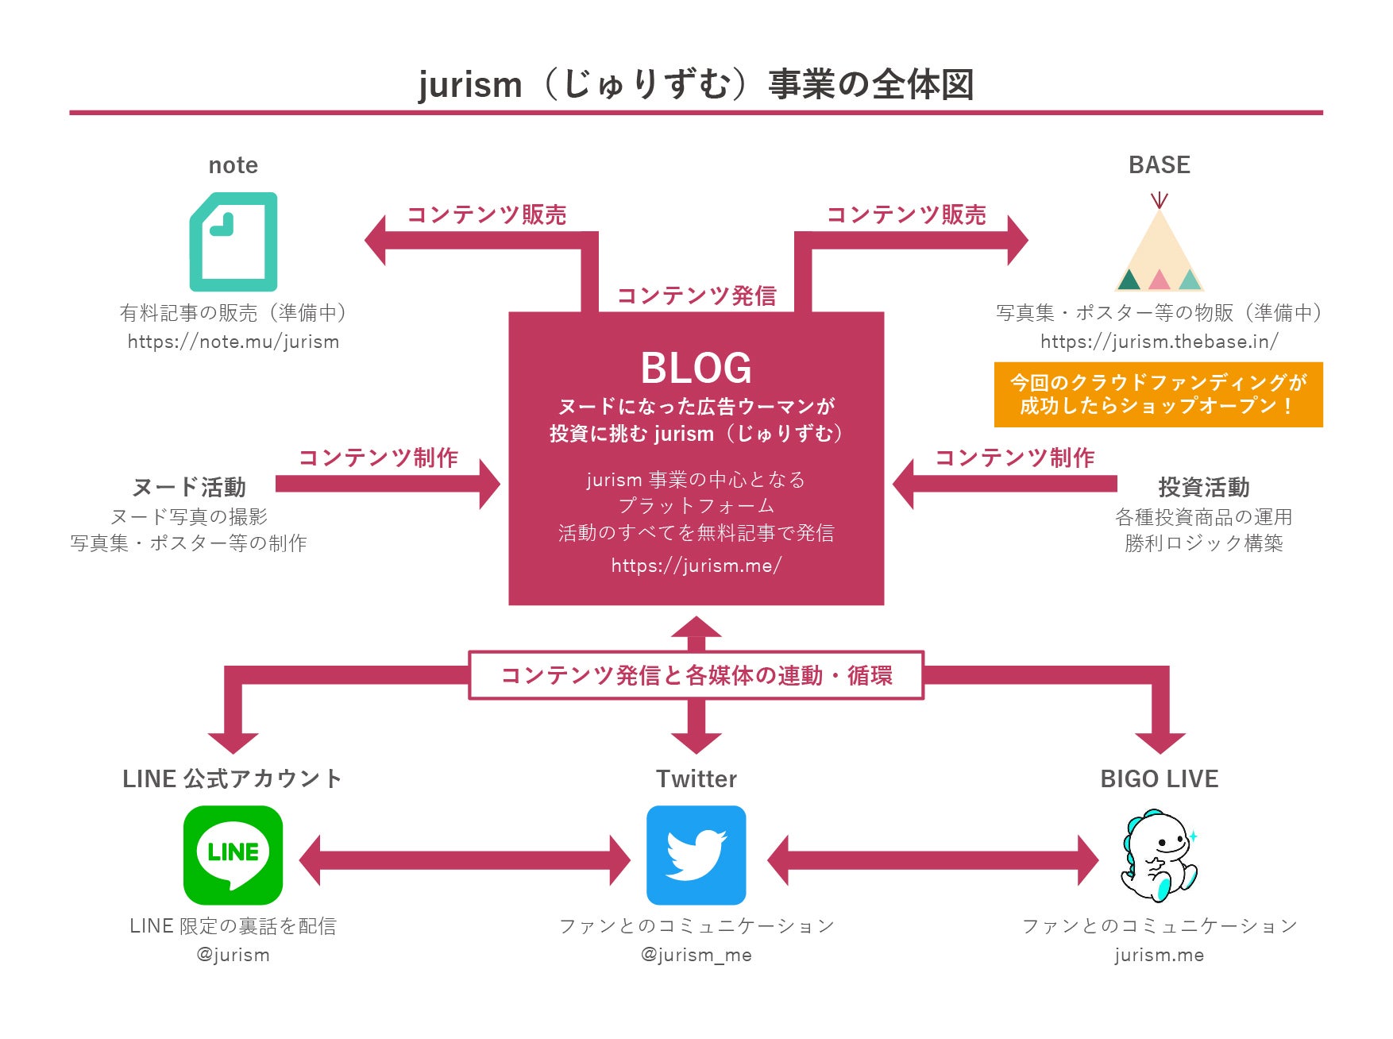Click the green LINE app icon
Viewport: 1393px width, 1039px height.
pos(233,855)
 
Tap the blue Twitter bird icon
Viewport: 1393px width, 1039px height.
pos(696,855)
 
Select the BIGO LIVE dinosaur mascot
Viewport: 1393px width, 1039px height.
pos(1159,856)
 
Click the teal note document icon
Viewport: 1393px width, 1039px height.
pos(233,241)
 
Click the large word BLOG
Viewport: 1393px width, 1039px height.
pos(696,369)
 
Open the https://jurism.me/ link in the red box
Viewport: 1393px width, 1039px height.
pos(696,565)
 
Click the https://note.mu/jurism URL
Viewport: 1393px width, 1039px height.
pos(233,342)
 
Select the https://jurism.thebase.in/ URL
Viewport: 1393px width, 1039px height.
pos(1159,342)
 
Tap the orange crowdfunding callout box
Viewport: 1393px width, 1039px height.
pos(1158,395)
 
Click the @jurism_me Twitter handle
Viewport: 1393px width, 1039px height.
pos(696,955)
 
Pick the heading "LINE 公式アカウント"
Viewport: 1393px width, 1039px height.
pos(232,778)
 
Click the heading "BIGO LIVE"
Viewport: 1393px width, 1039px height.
pos(1159,778)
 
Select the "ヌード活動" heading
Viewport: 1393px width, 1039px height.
pos(189,487)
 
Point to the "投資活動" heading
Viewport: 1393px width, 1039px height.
pos(1203,487)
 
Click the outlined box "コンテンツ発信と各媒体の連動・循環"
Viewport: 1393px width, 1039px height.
pos(696,675)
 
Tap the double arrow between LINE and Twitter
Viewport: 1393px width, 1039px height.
pos(465,860)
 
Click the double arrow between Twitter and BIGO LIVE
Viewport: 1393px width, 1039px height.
pos(932,860)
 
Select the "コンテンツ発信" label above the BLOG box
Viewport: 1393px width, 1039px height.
pos(696,295)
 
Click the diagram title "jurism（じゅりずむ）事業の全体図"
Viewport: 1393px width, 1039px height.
pos(696,84)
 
